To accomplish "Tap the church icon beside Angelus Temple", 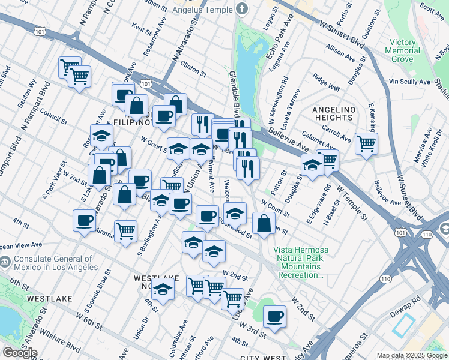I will (x=242, y=9).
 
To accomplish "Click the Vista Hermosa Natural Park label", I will (x=299, y=262).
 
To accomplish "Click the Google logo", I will (x=19, y=353).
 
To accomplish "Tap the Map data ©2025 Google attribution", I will (x=412, y=355).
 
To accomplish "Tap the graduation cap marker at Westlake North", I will (x=162, y=289).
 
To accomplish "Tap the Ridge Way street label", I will (x=326, y=83).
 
